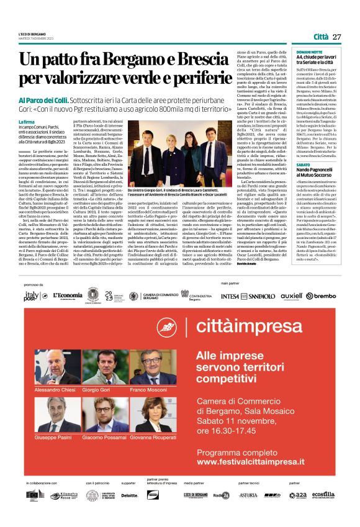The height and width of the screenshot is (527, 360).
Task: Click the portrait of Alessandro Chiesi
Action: point(53,367)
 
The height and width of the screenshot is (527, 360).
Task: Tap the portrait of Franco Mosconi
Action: point(153,367)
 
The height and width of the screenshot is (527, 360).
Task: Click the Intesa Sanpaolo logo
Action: point(238,296)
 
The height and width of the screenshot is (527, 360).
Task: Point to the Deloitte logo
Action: point(129,495)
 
